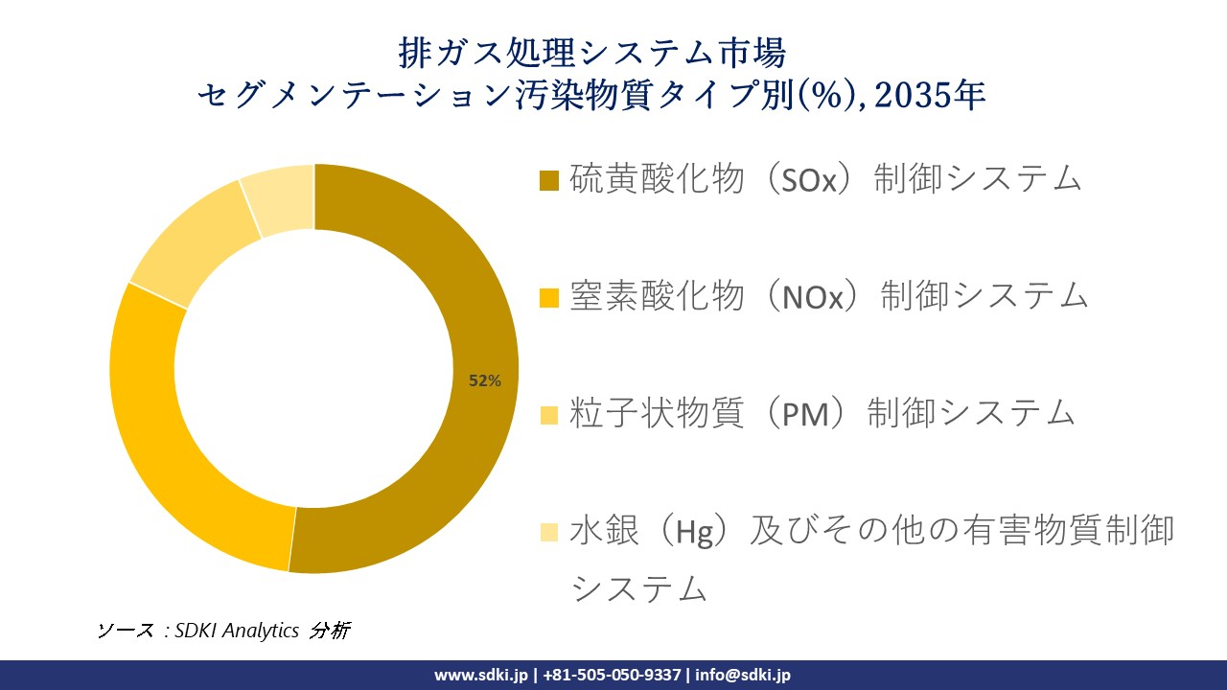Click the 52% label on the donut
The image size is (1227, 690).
pos(484,380)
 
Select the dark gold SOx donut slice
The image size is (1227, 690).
pos(451,268)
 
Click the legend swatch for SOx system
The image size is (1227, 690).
pos(549,180)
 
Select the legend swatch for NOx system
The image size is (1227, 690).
pos(549,297)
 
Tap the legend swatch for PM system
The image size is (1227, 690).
pos(549,415)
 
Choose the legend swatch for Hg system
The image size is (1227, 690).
pos(549,532)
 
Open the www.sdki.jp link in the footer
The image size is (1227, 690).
pos(480,675)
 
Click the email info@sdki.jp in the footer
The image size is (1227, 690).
pos(742,675)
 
